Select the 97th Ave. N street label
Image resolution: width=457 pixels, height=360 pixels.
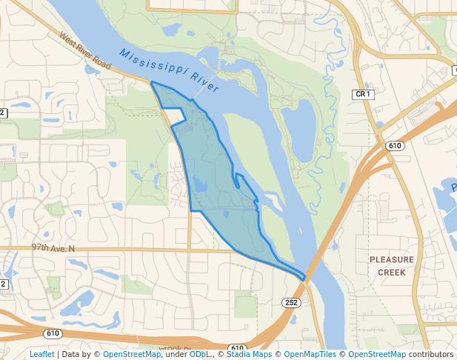[53, 248]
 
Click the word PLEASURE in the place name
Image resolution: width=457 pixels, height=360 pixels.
[392, 260]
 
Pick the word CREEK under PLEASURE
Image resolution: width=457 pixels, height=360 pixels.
[392, 272]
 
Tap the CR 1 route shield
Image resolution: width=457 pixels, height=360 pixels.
[362, 94]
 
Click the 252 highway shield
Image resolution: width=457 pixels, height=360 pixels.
[290, 302]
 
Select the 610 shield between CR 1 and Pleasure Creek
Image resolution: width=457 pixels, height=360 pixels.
[395, 145]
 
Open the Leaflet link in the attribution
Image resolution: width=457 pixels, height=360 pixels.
[41, 354]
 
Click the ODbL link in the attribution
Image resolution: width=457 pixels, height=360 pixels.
[200, 354]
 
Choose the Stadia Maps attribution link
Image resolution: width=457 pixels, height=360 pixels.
[249, 354]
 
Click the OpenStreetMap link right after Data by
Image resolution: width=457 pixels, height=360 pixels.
[132, 354]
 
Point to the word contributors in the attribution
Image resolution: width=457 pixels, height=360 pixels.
[431, 354]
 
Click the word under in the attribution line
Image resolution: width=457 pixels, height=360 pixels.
[176, 354]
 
